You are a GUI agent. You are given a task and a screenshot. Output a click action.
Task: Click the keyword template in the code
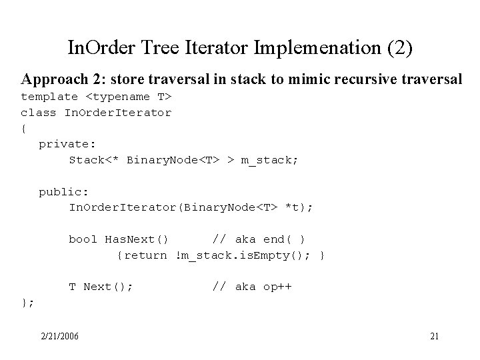[49, 97]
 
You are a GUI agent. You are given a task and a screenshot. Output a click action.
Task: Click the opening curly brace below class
[25, 128]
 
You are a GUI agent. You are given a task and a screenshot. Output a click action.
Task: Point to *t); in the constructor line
[297, 208]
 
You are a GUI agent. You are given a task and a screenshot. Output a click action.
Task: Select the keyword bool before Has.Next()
[83, 239]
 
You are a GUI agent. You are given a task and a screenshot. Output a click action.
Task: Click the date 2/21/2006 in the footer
[59, 335]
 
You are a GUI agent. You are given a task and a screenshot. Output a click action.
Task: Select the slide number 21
[434, 335]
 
